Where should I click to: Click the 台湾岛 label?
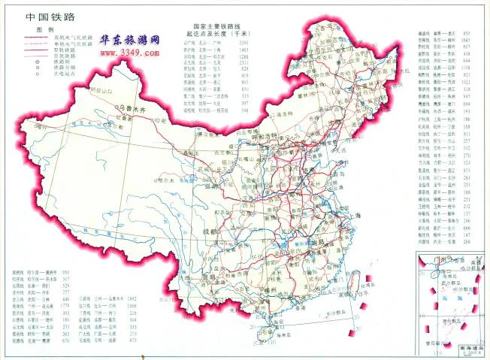(x=365, y=285)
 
